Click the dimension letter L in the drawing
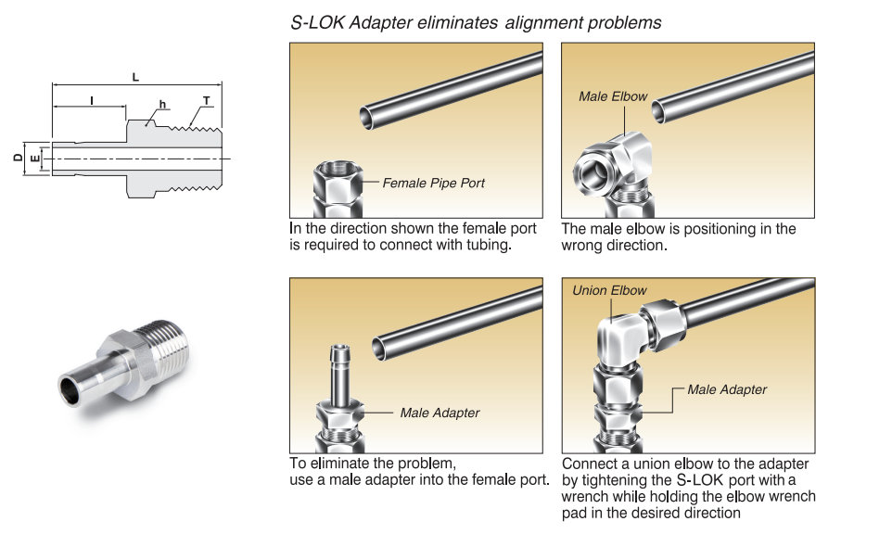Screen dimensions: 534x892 click(135, 77)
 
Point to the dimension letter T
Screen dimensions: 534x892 click(206, 100)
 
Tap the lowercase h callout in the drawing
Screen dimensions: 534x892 click(162, 105)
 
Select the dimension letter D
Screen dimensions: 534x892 click(18, 159)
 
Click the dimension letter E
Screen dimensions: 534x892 click(35, 159)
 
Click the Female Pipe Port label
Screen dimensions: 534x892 click(433, 183)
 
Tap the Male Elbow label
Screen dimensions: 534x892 click(613, 96)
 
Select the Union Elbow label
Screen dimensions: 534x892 click(609, 290)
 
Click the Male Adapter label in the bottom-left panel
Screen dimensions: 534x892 click(440, 413)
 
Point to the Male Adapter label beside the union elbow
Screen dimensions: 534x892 click(727, 389)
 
